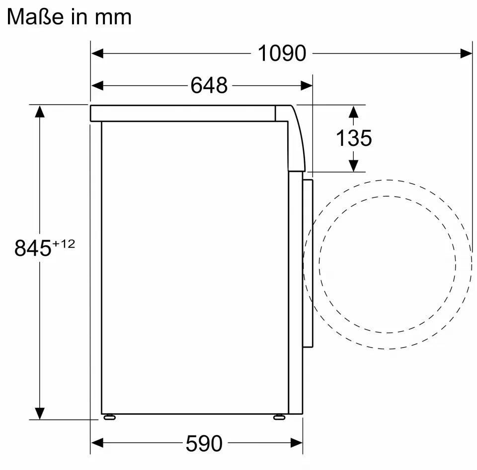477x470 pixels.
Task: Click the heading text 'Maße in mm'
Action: pyautogui.click(x=70, y=17)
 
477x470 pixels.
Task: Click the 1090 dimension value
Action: pyautogui.click(x=282, y=53)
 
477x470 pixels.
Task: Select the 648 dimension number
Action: pyautogui.click(x=209, y=85)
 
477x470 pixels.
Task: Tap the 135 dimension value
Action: pyautogui.click(x=353, y=138)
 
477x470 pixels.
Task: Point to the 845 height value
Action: pyautogui.click(x=33, y=248)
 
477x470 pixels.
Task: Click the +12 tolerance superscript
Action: pyautogui.click(x=64, y=244)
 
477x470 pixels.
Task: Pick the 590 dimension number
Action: pyautogui.click(x=204, y=443)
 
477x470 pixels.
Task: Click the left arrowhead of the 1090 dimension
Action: pyautogui.click(x=97, y=53)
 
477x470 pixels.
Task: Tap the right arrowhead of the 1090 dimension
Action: pyautogui.click(x=466, y=53)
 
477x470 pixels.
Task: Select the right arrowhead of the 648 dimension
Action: pyautogui.click(x=307, y=86)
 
